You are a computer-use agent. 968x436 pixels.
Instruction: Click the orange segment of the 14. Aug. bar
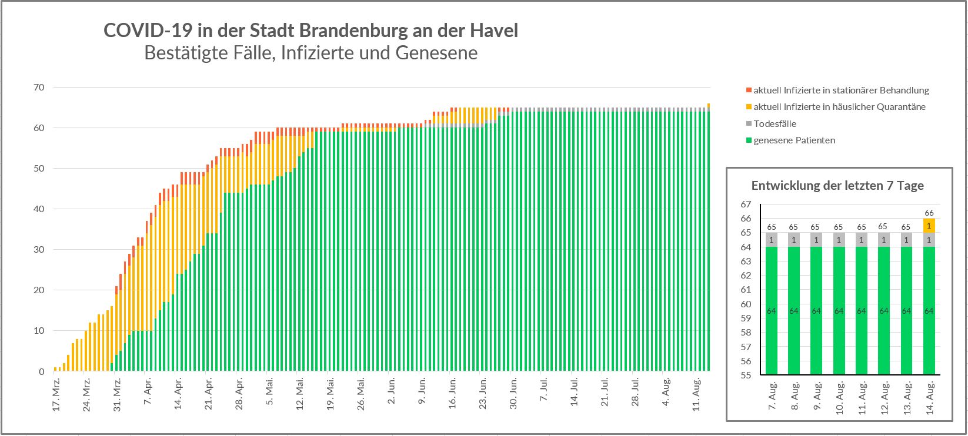pyautogui.click(x=929, y=226)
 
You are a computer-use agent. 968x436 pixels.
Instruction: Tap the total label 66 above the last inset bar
pyautogui.click(x=929, y=213)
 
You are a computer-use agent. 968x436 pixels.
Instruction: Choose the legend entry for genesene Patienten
pyautogui.click(x=794, y=140)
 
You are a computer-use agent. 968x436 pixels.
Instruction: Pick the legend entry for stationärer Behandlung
pyautogui.click(x=841, y=90)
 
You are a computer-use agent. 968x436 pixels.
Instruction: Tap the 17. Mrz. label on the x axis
pyautogui.click(x=56, y=398)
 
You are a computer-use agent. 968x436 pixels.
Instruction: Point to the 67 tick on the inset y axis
pyautogui.click(x=746, y=204)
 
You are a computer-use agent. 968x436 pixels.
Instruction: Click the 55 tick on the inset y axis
pyautogui.click(x=746, y=375)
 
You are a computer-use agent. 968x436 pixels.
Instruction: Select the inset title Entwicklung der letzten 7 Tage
pyautogui.click(x=837, y=186)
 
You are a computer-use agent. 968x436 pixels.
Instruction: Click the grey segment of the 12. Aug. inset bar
pyautogui.click(x=884, y=240)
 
